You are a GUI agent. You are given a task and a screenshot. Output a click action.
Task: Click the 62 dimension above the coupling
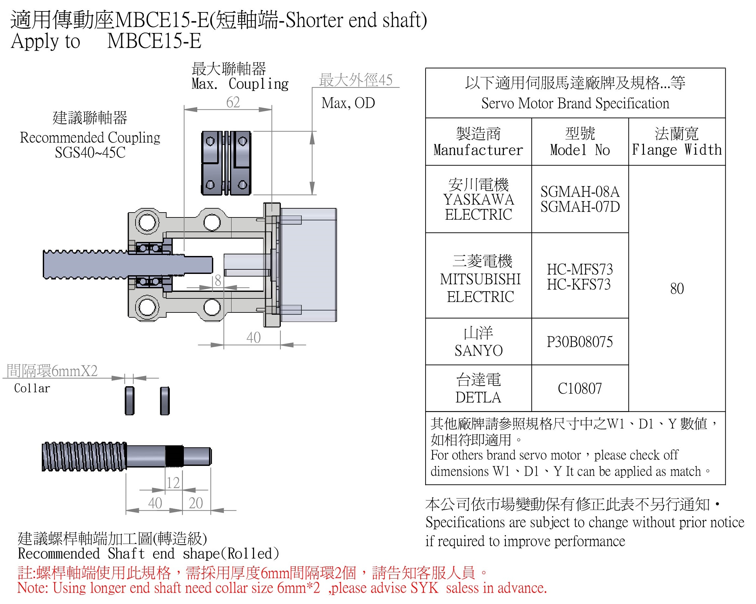233,103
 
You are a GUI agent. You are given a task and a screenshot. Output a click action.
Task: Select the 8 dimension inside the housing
218,280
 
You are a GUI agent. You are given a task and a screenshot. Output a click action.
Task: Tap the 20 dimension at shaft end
196,503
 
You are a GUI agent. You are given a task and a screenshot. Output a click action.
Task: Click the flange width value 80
677,289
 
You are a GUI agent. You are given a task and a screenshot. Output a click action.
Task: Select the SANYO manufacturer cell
479,342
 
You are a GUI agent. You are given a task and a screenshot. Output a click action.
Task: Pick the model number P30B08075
580,342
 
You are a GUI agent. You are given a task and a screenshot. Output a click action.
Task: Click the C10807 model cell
580,389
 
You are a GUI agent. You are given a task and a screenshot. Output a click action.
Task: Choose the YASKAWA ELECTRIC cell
479,199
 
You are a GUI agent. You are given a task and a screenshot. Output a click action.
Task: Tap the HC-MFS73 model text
580,269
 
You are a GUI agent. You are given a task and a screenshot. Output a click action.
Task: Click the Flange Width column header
677,142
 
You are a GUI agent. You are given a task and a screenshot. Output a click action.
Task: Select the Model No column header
580,142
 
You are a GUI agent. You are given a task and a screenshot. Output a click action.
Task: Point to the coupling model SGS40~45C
90,152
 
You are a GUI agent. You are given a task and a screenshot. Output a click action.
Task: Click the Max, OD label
348,103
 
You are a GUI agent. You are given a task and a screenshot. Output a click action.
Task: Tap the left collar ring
129,401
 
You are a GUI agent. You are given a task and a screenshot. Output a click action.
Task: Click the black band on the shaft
174,456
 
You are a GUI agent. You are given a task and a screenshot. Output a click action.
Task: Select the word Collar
32,389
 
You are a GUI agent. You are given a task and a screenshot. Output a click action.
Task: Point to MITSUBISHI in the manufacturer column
480,279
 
